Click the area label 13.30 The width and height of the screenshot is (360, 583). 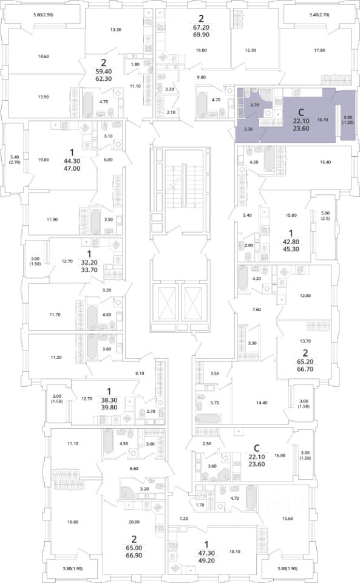click(x=116, y=29)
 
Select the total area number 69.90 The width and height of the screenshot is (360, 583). click(x=202, y=35)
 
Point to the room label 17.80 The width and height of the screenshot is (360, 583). click(x=319, y=50)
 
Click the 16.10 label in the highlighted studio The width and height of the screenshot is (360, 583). click(x=322, y=120)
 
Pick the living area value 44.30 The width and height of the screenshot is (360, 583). click(x=72, y=160)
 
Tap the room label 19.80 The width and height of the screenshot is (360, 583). click(x=44, y=160)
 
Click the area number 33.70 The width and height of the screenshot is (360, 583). click(x=89, y=270)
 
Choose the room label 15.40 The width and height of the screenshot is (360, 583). click(x=325, y=162)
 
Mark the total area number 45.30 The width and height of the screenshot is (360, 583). click(x=291, y=249)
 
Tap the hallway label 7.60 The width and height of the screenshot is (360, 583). click(x=256, y=309)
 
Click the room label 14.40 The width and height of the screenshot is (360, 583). click(x=262, y=403)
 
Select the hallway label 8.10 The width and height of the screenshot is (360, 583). click(x=140, y=373)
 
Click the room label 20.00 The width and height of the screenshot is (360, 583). click(x=134, y=522)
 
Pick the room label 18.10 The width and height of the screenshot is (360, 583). click(x=235, y=552)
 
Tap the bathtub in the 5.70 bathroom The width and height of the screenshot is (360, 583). click(x=208, y=418)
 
